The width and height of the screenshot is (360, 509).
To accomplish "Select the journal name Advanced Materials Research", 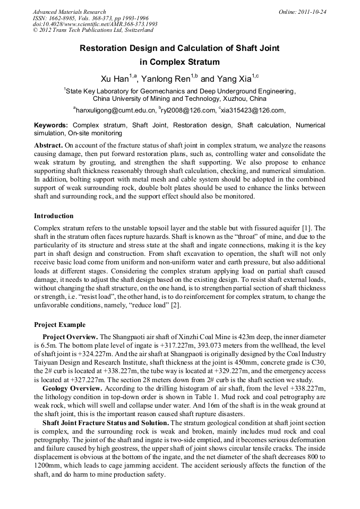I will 69,12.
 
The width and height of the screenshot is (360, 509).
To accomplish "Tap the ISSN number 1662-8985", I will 70,18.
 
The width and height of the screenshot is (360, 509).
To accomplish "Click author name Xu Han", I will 115,79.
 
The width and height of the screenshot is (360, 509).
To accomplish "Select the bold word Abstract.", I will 48,145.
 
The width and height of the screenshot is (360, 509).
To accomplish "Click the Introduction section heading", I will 54,216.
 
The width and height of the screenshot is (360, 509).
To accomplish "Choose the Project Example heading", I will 59,325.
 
